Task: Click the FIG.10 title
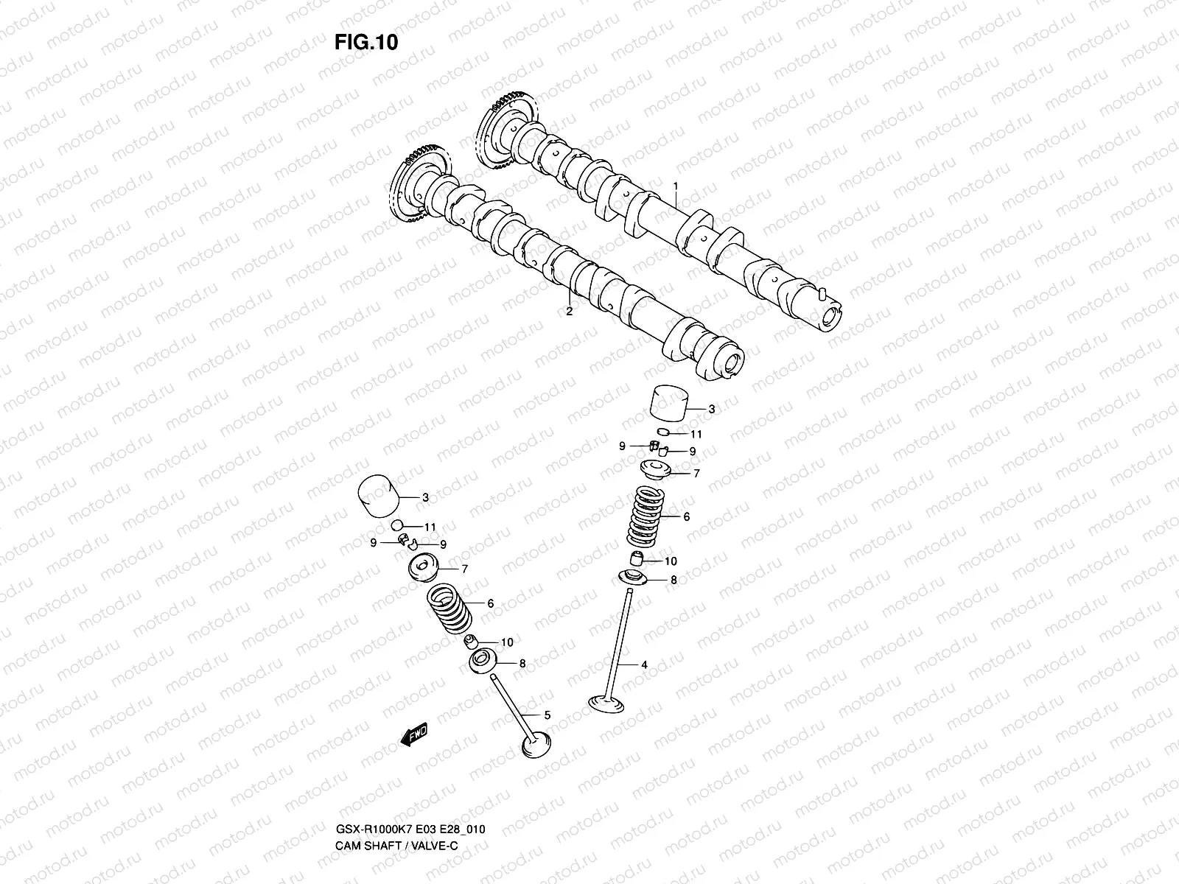366,42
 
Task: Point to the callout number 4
644,664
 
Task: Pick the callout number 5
547,715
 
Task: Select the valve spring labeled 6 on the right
647,516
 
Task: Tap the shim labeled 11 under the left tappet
397,526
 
